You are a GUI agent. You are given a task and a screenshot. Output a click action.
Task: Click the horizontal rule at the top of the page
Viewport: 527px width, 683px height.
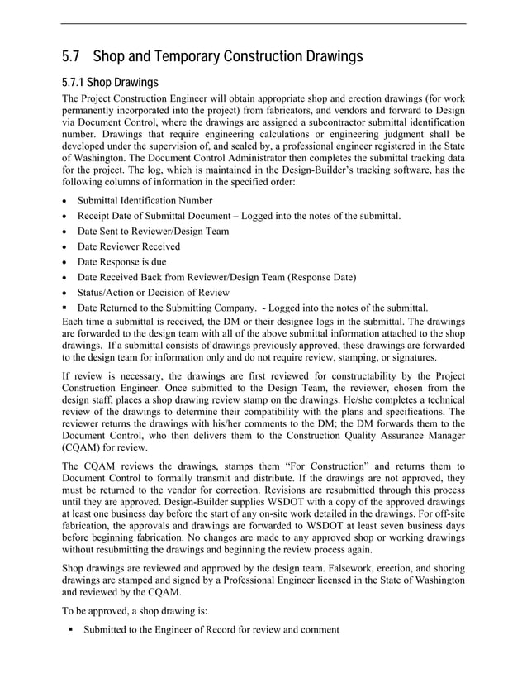[x=263, y=23]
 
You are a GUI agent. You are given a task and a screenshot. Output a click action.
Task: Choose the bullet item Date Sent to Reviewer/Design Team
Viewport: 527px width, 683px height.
[x=153, y=231]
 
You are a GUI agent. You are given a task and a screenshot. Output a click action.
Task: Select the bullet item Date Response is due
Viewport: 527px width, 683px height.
[x=121, y=261]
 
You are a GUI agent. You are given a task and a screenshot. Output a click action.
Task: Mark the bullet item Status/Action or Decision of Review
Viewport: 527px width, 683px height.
[x=153, y=292]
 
